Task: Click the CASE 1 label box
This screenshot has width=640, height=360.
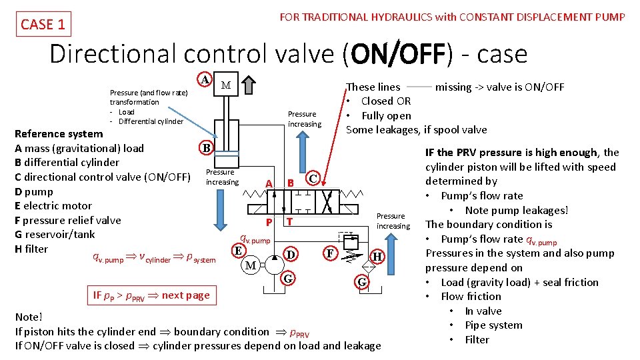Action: (x=43, y=25)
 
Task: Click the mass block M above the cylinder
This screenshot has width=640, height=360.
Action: (x=225, y=85)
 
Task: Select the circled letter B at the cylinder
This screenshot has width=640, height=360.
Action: (x=207, y=147)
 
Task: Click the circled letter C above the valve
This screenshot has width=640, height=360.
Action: (x=313, y=178)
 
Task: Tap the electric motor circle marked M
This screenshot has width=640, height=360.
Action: (x=250, y=265)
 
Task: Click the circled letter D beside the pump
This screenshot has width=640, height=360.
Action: (x=290, y=254)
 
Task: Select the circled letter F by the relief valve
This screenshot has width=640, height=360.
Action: (x=329, y=253)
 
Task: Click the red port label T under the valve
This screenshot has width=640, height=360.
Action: (x=289, y=221)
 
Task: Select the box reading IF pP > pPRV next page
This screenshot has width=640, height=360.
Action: (x=151, y=295)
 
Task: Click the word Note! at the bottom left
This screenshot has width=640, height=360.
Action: (x=29, y=317)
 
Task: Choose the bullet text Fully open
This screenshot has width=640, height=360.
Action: (x=386, y=115)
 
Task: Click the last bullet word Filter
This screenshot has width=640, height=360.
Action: (x=477, y=339)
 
